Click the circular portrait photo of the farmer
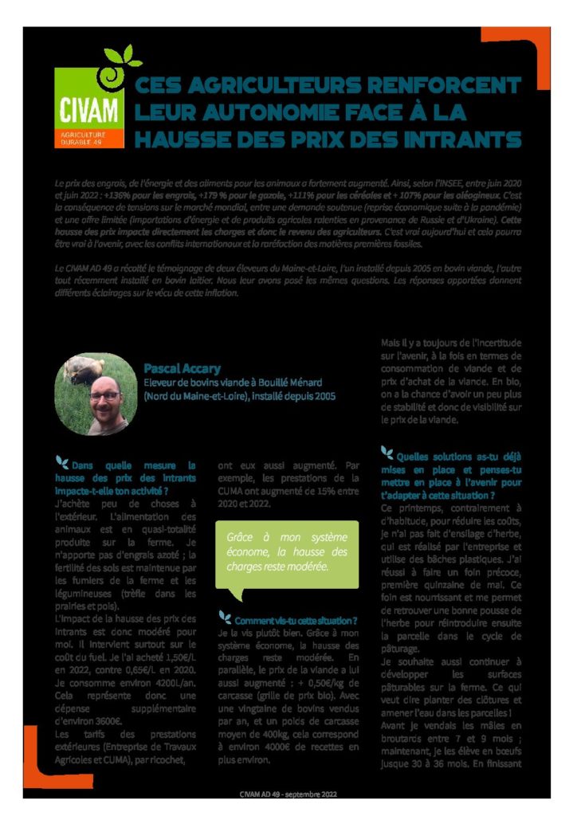pyautogui.click(x=97, y=394)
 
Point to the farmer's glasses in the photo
pyautogui.click(x=104, y=394)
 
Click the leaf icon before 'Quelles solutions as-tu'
pyautogui.click(x=387, y=453)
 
